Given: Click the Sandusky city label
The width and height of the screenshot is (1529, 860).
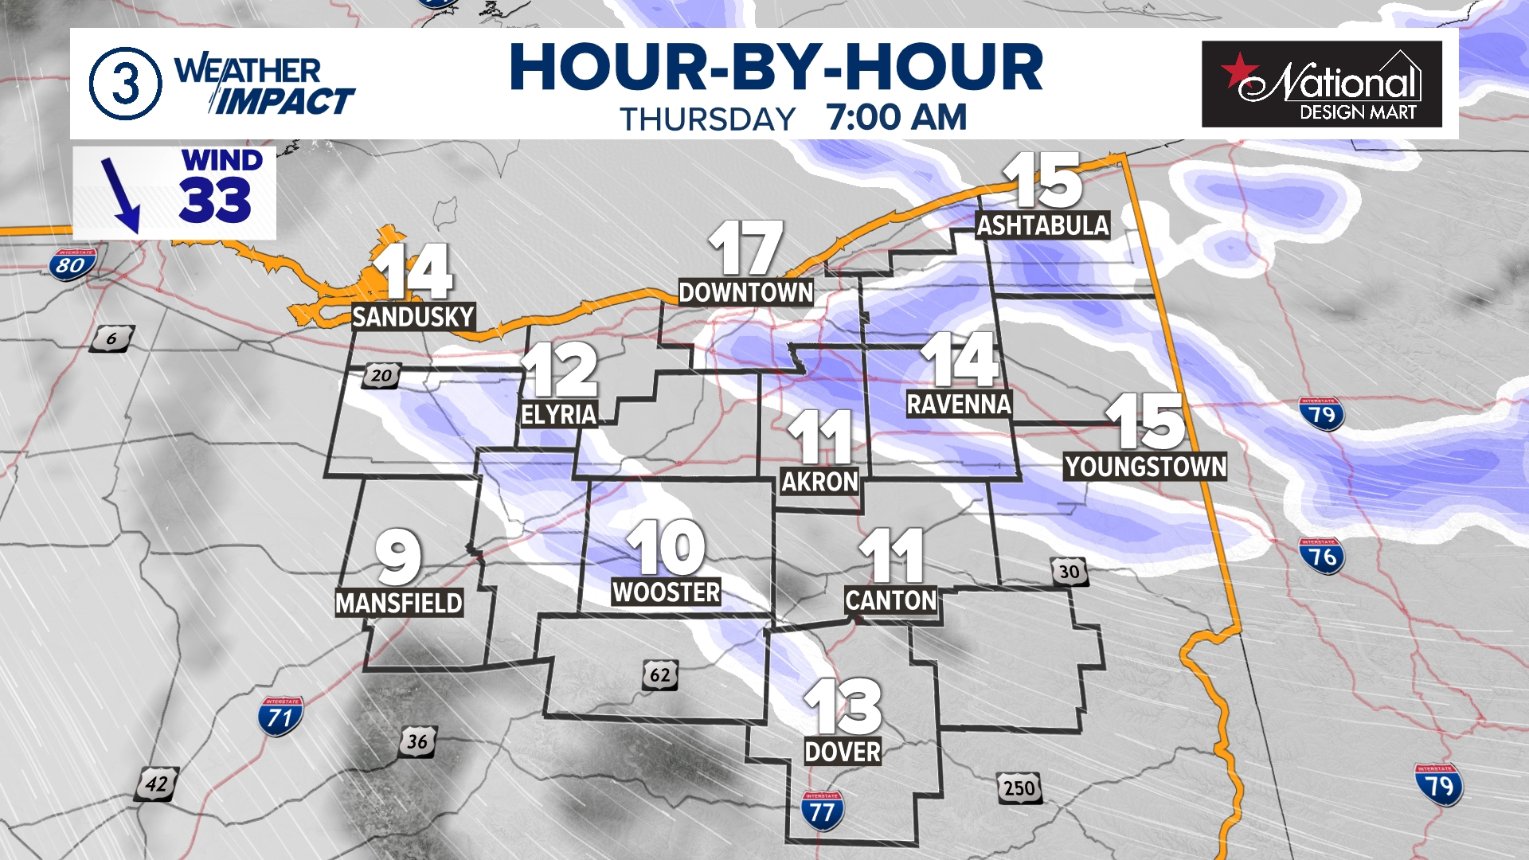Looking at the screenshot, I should point(413,317).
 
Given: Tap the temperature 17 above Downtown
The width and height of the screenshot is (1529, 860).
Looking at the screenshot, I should point(745,248).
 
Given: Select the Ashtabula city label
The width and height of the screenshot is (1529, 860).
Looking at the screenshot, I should point(1042,226).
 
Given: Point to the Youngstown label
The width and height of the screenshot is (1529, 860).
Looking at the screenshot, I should point(1145,467).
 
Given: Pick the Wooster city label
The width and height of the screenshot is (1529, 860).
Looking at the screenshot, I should point(667,592).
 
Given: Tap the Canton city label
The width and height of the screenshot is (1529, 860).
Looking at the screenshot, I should point(891,600).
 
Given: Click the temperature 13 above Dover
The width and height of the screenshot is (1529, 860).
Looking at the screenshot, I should point(843,706).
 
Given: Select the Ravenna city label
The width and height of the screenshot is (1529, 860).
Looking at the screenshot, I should point(959,405).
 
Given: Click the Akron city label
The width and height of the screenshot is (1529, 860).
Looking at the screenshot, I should point(819,482).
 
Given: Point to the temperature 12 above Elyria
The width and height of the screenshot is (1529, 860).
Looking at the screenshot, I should point(561,369).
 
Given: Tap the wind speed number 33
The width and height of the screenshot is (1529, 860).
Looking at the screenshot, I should point(215,200).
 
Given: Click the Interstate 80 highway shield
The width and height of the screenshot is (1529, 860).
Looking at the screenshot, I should point(72,264).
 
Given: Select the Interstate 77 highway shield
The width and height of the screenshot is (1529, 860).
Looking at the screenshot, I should point(821,811).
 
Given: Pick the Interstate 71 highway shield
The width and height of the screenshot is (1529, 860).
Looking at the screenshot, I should point(280,717).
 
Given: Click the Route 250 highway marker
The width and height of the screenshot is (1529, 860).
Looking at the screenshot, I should point(1019,788).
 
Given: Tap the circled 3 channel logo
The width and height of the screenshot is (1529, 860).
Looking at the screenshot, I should point(125,84).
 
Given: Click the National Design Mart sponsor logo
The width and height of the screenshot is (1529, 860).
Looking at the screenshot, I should point(1321,84).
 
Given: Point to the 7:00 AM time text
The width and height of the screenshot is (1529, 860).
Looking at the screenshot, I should point(896,118).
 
